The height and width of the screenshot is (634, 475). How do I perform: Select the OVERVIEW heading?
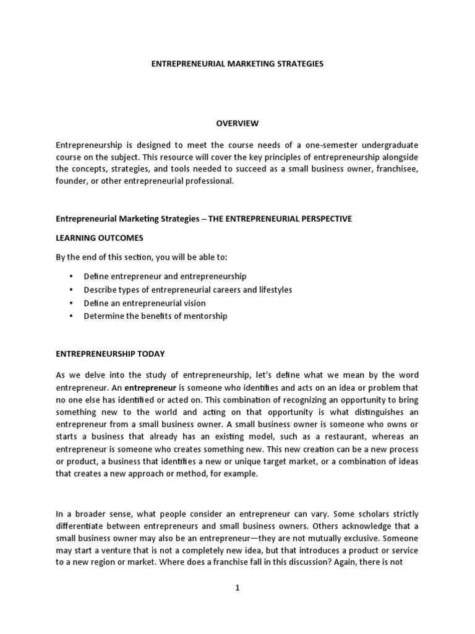[237, 123]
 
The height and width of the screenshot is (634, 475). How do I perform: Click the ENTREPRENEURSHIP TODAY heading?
[111, 354]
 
